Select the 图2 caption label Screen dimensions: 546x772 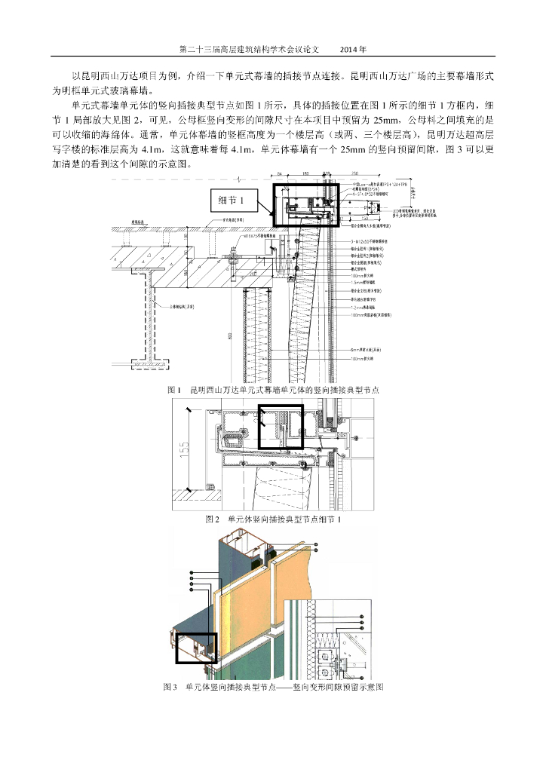point(213,519)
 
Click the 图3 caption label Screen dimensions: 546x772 point(170,688)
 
